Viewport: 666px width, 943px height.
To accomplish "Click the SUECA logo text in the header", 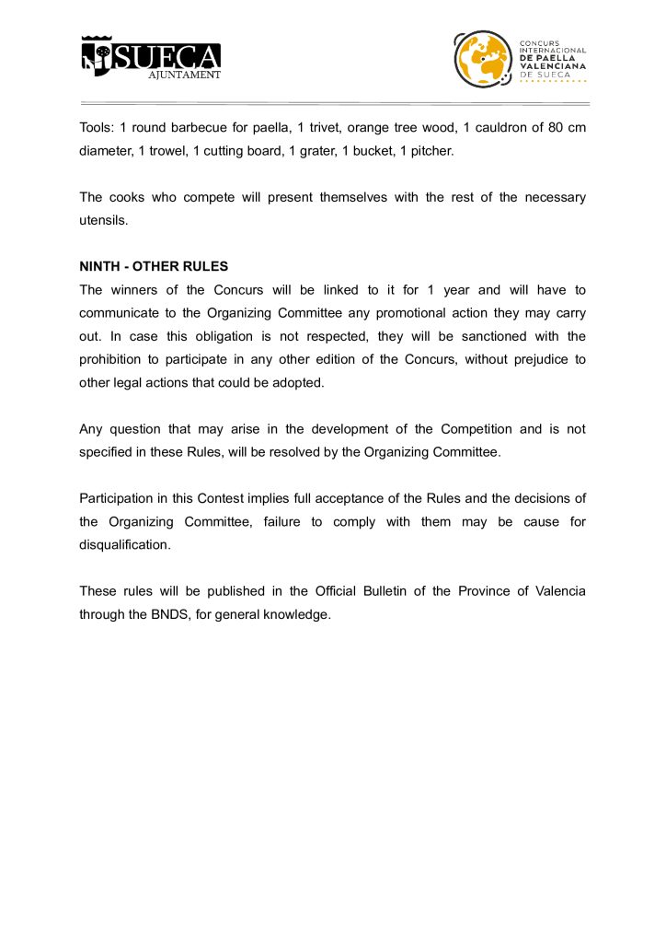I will tap(166, 56).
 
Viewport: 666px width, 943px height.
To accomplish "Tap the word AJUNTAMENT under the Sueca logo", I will tap(185, 76).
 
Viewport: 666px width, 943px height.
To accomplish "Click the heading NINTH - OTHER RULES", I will tap(154, 266).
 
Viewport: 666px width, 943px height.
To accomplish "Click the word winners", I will tap(132, 289).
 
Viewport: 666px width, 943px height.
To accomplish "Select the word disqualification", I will tap(126, 545).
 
